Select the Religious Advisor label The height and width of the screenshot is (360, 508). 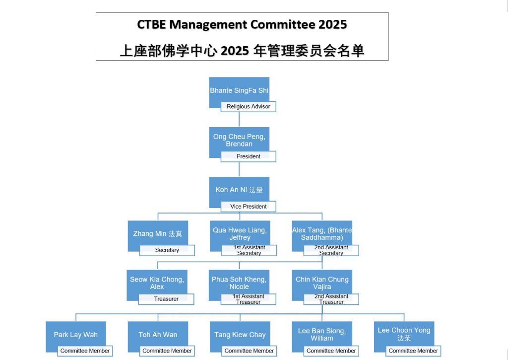click(248, 107)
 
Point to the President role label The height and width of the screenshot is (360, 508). click(248, 156)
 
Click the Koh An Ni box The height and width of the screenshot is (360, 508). click(239, 189)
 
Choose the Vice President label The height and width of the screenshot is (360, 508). click(248, 207)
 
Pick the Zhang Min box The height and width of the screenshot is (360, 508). click(157, 233)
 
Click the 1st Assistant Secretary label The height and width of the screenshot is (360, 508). click(249, 250)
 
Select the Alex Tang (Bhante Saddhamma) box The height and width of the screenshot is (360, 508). click(322, 233)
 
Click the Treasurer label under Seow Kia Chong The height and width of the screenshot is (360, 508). click(166, 299)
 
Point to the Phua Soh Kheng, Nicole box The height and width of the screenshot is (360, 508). click(239, 282)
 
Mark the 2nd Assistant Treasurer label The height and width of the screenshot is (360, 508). click(331, 299)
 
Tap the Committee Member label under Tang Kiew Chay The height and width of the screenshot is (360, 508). click(249, 351)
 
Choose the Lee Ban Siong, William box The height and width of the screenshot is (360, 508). click(322, 334)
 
